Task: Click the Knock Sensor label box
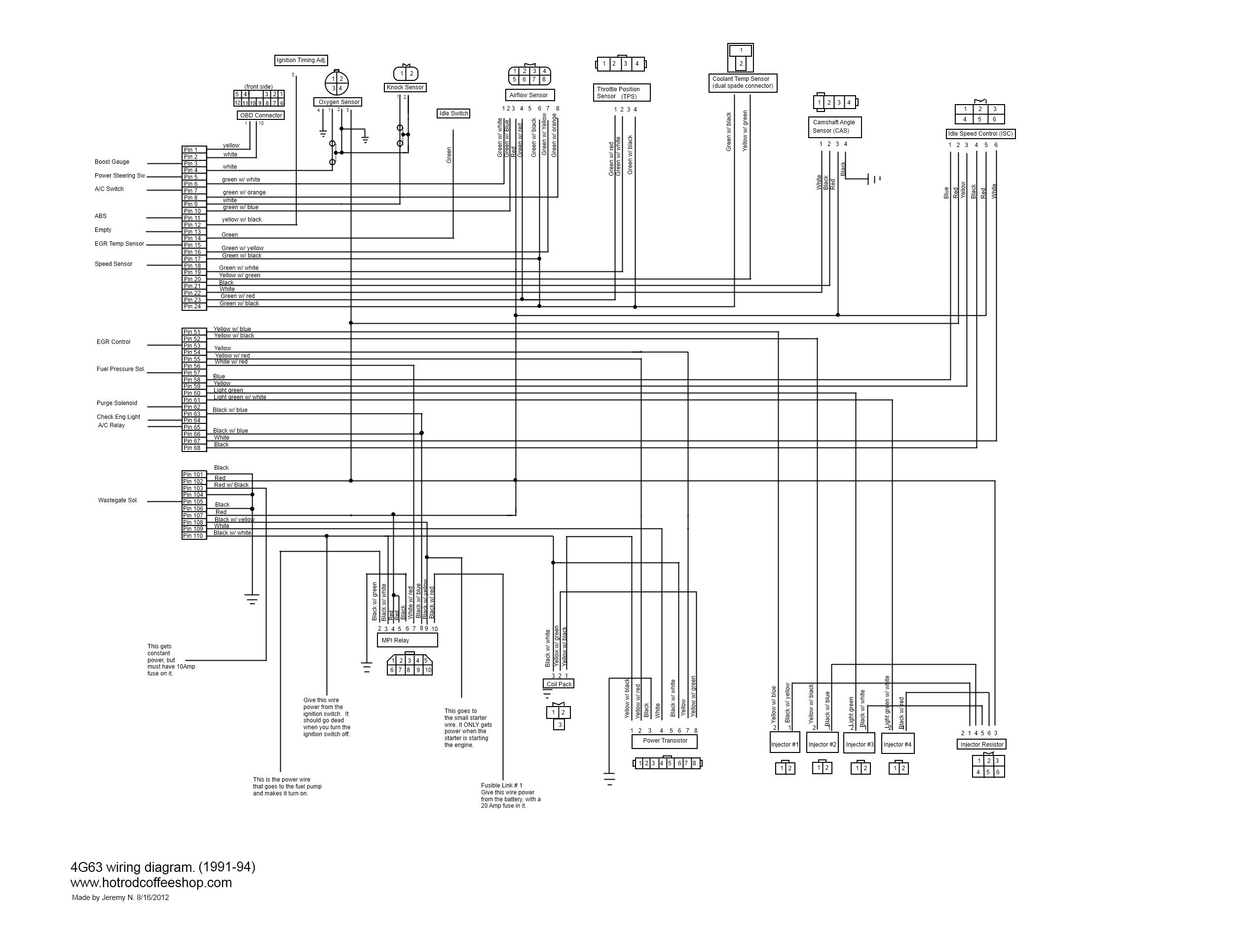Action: coord(405,87)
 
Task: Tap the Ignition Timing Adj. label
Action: coord(301,60)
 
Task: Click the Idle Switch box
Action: coord(453,113)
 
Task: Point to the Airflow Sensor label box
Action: coord(528,95)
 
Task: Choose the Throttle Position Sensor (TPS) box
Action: coord(622,93)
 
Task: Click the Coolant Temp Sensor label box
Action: coord(743,83)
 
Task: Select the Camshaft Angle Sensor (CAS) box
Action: coord(834,127)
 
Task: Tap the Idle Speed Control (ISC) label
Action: coord(980,134)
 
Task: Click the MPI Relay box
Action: coord(407,640)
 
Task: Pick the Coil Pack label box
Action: coord(559,684)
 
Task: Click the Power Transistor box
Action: coord(664,741)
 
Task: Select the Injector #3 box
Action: coord(859,745)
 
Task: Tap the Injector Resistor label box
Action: coord(981,745)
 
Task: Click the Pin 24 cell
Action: coord(193,306)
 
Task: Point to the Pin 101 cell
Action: coord(193,474)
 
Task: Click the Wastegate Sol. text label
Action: coord(117,501)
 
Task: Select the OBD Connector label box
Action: coord(261,115)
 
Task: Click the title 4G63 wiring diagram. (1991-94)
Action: coord(163,867)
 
